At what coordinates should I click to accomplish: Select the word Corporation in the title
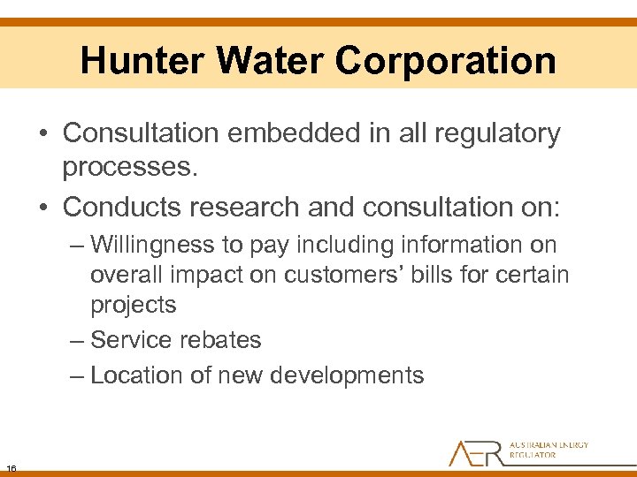(446, 61)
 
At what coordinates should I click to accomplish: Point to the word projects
(134, 306)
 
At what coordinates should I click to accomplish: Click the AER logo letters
(476, 452)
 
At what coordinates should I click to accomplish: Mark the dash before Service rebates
(78, 340)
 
